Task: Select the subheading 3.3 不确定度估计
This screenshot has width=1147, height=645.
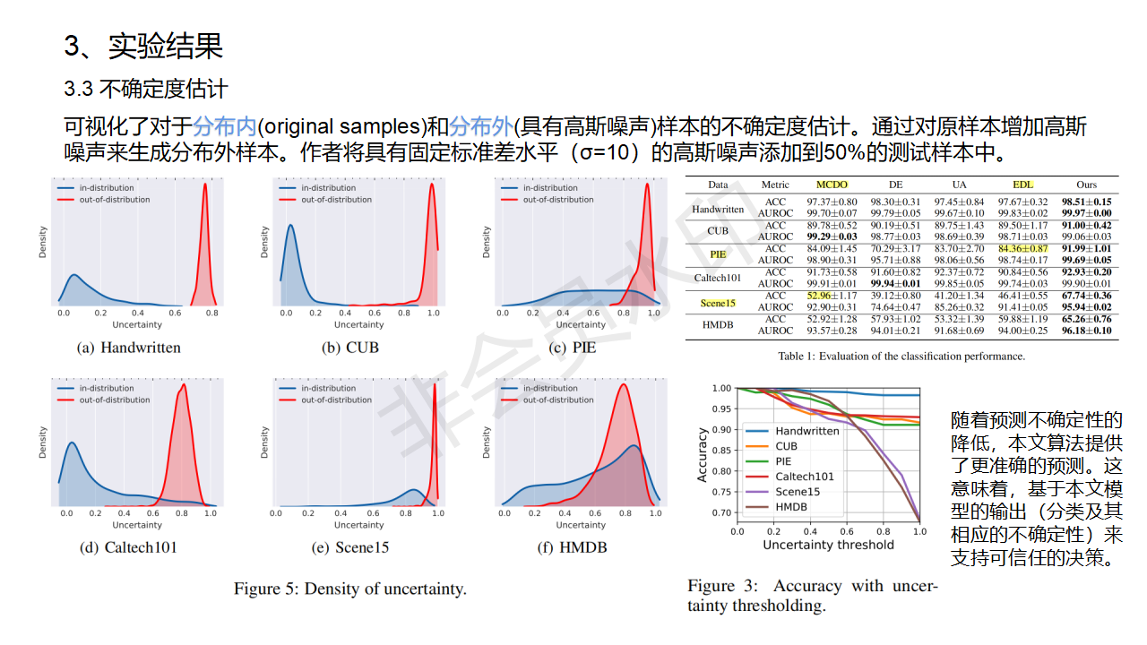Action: (x=146, y=90)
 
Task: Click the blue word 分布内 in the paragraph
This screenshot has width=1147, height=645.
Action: (x=224, y=125)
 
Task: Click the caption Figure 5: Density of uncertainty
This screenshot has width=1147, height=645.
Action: (x=350, y=589)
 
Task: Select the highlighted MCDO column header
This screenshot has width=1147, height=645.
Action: (x=832, y=185)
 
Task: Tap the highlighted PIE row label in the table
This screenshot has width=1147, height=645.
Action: (x=718, y=254)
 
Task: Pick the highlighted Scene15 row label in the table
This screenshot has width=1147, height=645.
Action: (x=718, y=302)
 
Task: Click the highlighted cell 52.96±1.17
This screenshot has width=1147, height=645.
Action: (x=832, y=296)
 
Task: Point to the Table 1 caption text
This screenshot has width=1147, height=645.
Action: (x=901, y=357)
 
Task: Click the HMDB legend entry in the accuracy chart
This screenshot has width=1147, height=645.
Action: (x=791, y=507)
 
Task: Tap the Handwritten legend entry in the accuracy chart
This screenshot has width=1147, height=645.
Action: (x=806, y=431)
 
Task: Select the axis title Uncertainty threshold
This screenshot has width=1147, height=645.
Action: (x=828, y=545)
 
